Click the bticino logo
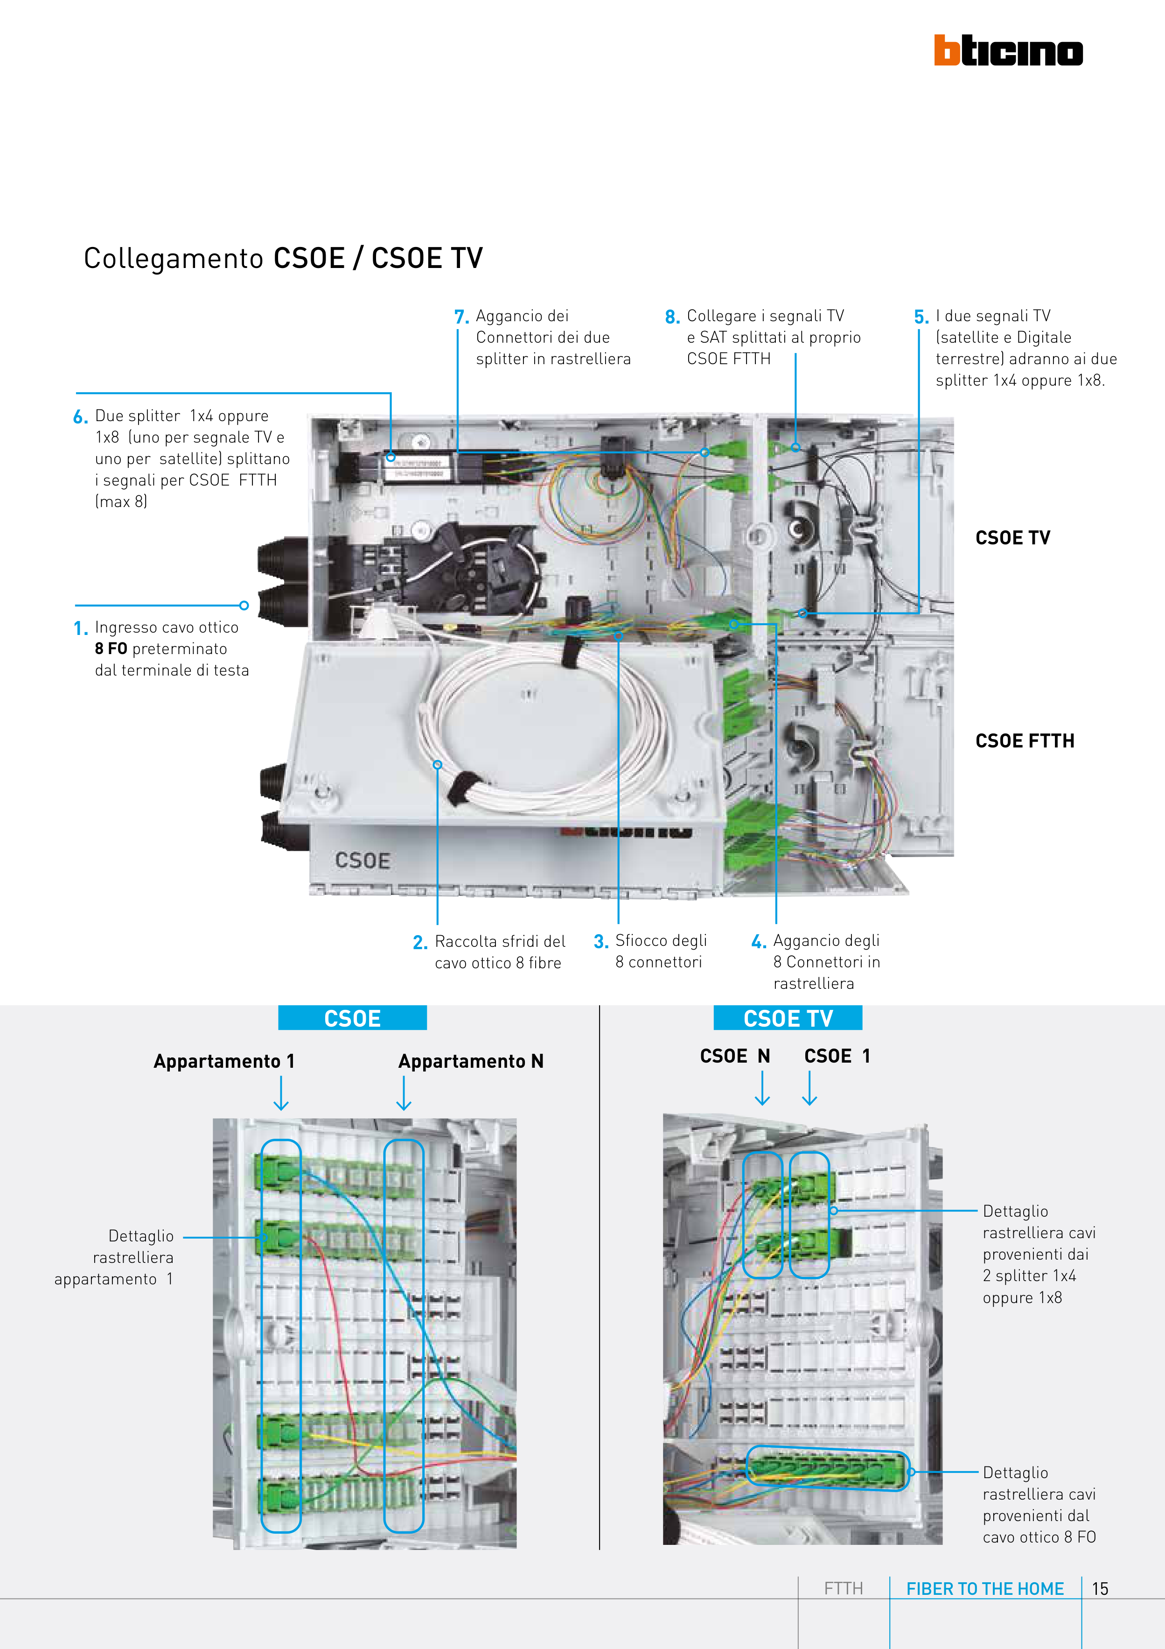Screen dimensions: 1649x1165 pyautogui.click(x=1008, y=50)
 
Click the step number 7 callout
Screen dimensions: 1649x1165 pyautogui.click(x=461, y=317)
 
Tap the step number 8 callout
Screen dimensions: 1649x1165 pyautogui.click(x=672, y=317)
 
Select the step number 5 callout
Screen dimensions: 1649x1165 pyautogui.click(x=921, y=317)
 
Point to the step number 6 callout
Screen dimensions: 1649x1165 pyautogui.click(x=80, y=416)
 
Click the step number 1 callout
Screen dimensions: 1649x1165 pyautogui.click(x=80, y=628)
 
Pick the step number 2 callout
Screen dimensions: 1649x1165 pyautogui.click(x=420, y=942)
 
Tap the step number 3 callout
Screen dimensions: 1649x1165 pyautogui.click(x=601, y=942)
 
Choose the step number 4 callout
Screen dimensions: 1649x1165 pyautogui.click(x=758, y=942)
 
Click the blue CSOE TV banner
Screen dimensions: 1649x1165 pyautogui.click(x=788, y=1018)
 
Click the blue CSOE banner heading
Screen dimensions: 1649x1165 pyautogui.click(x=352, y=1018)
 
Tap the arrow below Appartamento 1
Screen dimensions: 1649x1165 pyautogui.click(x=281, y=1094)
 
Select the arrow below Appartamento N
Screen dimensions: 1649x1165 pyautogui.click(x=404, y=1094)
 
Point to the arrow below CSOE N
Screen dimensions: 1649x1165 pyautogui.click(x=762, y=1089)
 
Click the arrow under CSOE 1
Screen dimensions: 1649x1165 pyautogui.click(x=809, y=1089)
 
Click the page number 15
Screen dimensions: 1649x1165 pyautogui.click(x=1100, y=1589)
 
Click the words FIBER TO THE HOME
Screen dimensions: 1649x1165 pyautogui.click(x=985, y=1589)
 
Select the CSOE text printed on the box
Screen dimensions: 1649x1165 pyautogui.click(x=363, y=860)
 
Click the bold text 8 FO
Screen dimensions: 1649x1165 pyautogui.click(x=111, y=648)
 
